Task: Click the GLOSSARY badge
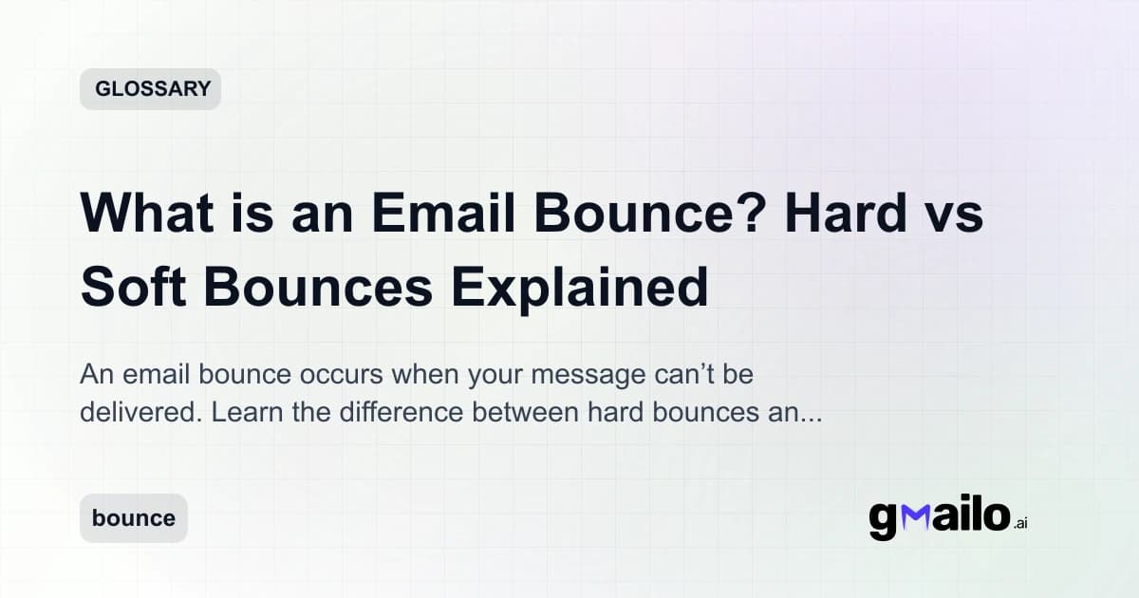[150, 89]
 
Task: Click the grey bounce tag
[134, 518]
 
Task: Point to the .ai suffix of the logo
[1020, 523]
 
